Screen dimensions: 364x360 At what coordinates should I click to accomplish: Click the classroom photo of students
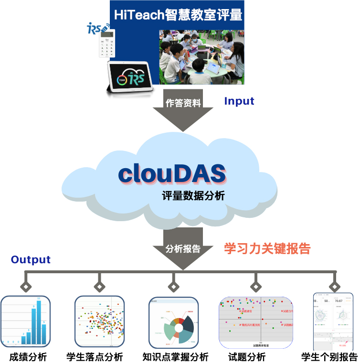point(201,57)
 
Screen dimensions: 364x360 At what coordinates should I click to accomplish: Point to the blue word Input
point(239,101)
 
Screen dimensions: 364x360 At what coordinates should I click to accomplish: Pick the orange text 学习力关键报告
point(267,248)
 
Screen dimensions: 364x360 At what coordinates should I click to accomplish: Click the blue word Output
point(31,260)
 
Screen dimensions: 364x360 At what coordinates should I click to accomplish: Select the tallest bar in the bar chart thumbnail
point(39,322)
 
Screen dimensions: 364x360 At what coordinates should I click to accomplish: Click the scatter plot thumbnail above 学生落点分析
point(99,322)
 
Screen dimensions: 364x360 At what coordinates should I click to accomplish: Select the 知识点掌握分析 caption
point(176,357)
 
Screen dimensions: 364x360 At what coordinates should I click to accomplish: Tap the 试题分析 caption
point(247,357)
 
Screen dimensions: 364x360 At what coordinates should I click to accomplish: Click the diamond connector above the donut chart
point(173,287)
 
